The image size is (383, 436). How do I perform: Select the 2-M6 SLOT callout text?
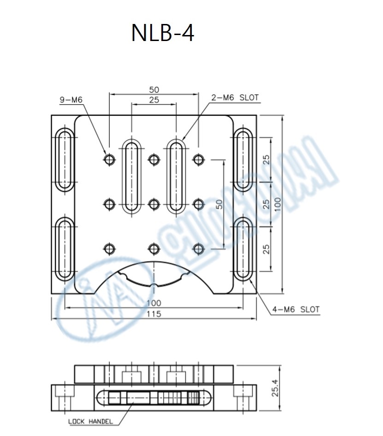click(235, 98)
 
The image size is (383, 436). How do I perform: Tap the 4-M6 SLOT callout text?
click(295, 309)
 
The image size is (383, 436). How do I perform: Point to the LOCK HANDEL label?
click(90, 421)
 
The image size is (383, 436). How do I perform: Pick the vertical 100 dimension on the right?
click(277, 204)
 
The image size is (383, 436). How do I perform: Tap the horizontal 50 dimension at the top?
click(153, 89)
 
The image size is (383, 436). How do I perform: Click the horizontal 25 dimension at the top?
click(153, 100)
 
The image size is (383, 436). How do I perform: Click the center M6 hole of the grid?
click(153, 204)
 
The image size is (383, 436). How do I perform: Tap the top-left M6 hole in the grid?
click(109, 159)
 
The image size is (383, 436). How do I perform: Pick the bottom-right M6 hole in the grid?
click(198, 249)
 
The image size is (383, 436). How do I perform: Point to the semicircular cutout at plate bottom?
click(153, 277)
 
